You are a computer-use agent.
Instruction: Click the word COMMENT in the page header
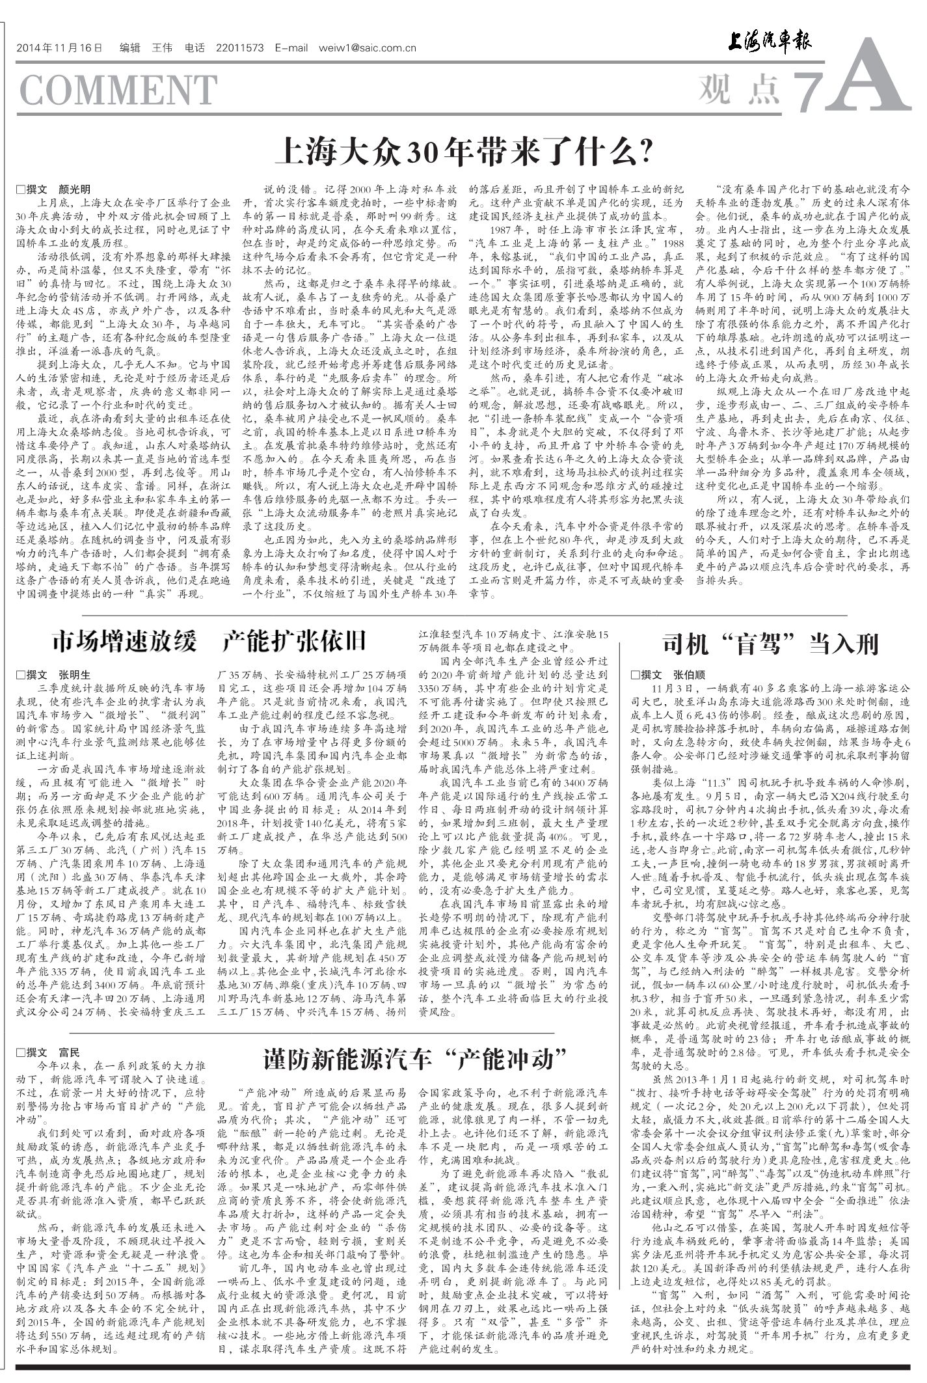[x=118, y=90]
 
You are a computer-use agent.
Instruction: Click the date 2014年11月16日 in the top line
[x=60, y=48]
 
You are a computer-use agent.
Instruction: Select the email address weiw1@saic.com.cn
[x=367, y=48]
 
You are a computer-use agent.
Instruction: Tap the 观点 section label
[x=740, y=89]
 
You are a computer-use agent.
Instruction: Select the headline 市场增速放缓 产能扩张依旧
[x=209, y=641]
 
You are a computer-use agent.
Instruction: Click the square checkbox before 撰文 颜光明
[x=20, y=189]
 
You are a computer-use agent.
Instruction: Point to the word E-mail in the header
[x=291, y=48]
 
